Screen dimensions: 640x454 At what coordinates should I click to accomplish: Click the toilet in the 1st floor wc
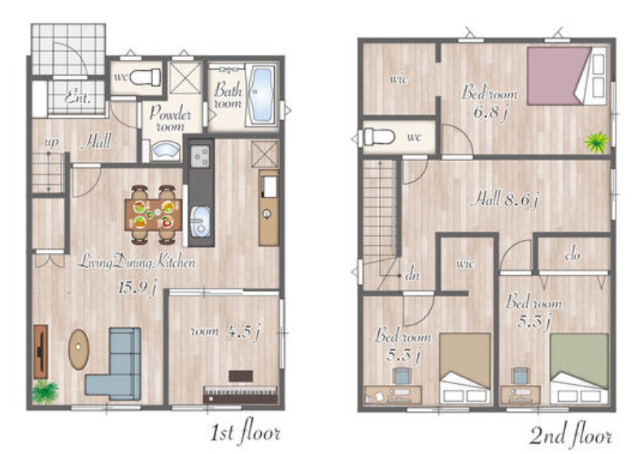[146, 77]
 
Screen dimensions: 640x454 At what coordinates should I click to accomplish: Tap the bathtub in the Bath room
[261, 95]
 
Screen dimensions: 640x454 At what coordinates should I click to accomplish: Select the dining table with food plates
[154, 215]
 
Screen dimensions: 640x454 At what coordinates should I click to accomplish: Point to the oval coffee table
[79, 350]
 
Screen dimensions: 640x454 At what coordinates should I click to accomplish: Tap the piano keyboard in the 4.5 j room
[241, 395]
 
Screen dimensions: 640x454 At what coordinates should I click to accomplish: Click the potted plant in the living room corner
[45, 391]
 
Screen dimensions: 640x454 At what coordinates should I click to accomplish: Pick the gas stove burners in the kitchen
[200, 155]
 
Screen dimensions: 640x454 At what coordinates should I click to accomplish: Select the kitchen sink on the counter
[200, 221]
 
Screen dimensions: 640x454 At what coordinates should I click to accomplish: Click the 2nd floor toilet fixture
[378, 137]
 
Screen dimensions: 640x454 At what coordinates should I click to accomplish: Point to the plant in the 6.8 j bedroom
[596, 142]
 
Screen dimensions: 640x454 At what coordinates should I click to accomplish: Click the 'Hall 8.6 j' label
[504, 199]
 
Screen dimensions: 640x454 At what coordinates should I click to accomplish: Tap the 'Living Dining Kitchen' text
[137, 262]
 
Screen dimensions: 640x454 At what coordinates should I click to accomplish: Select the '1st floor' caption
[246, 432]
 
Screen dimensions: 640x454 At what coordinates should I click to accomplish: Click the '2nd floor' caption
[571, 436]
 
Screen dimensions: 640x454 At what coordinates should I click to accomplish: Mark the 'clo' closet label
[573, 255]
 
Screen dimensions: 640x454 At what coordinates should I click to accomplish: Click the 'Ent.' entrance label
[77, 97]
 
